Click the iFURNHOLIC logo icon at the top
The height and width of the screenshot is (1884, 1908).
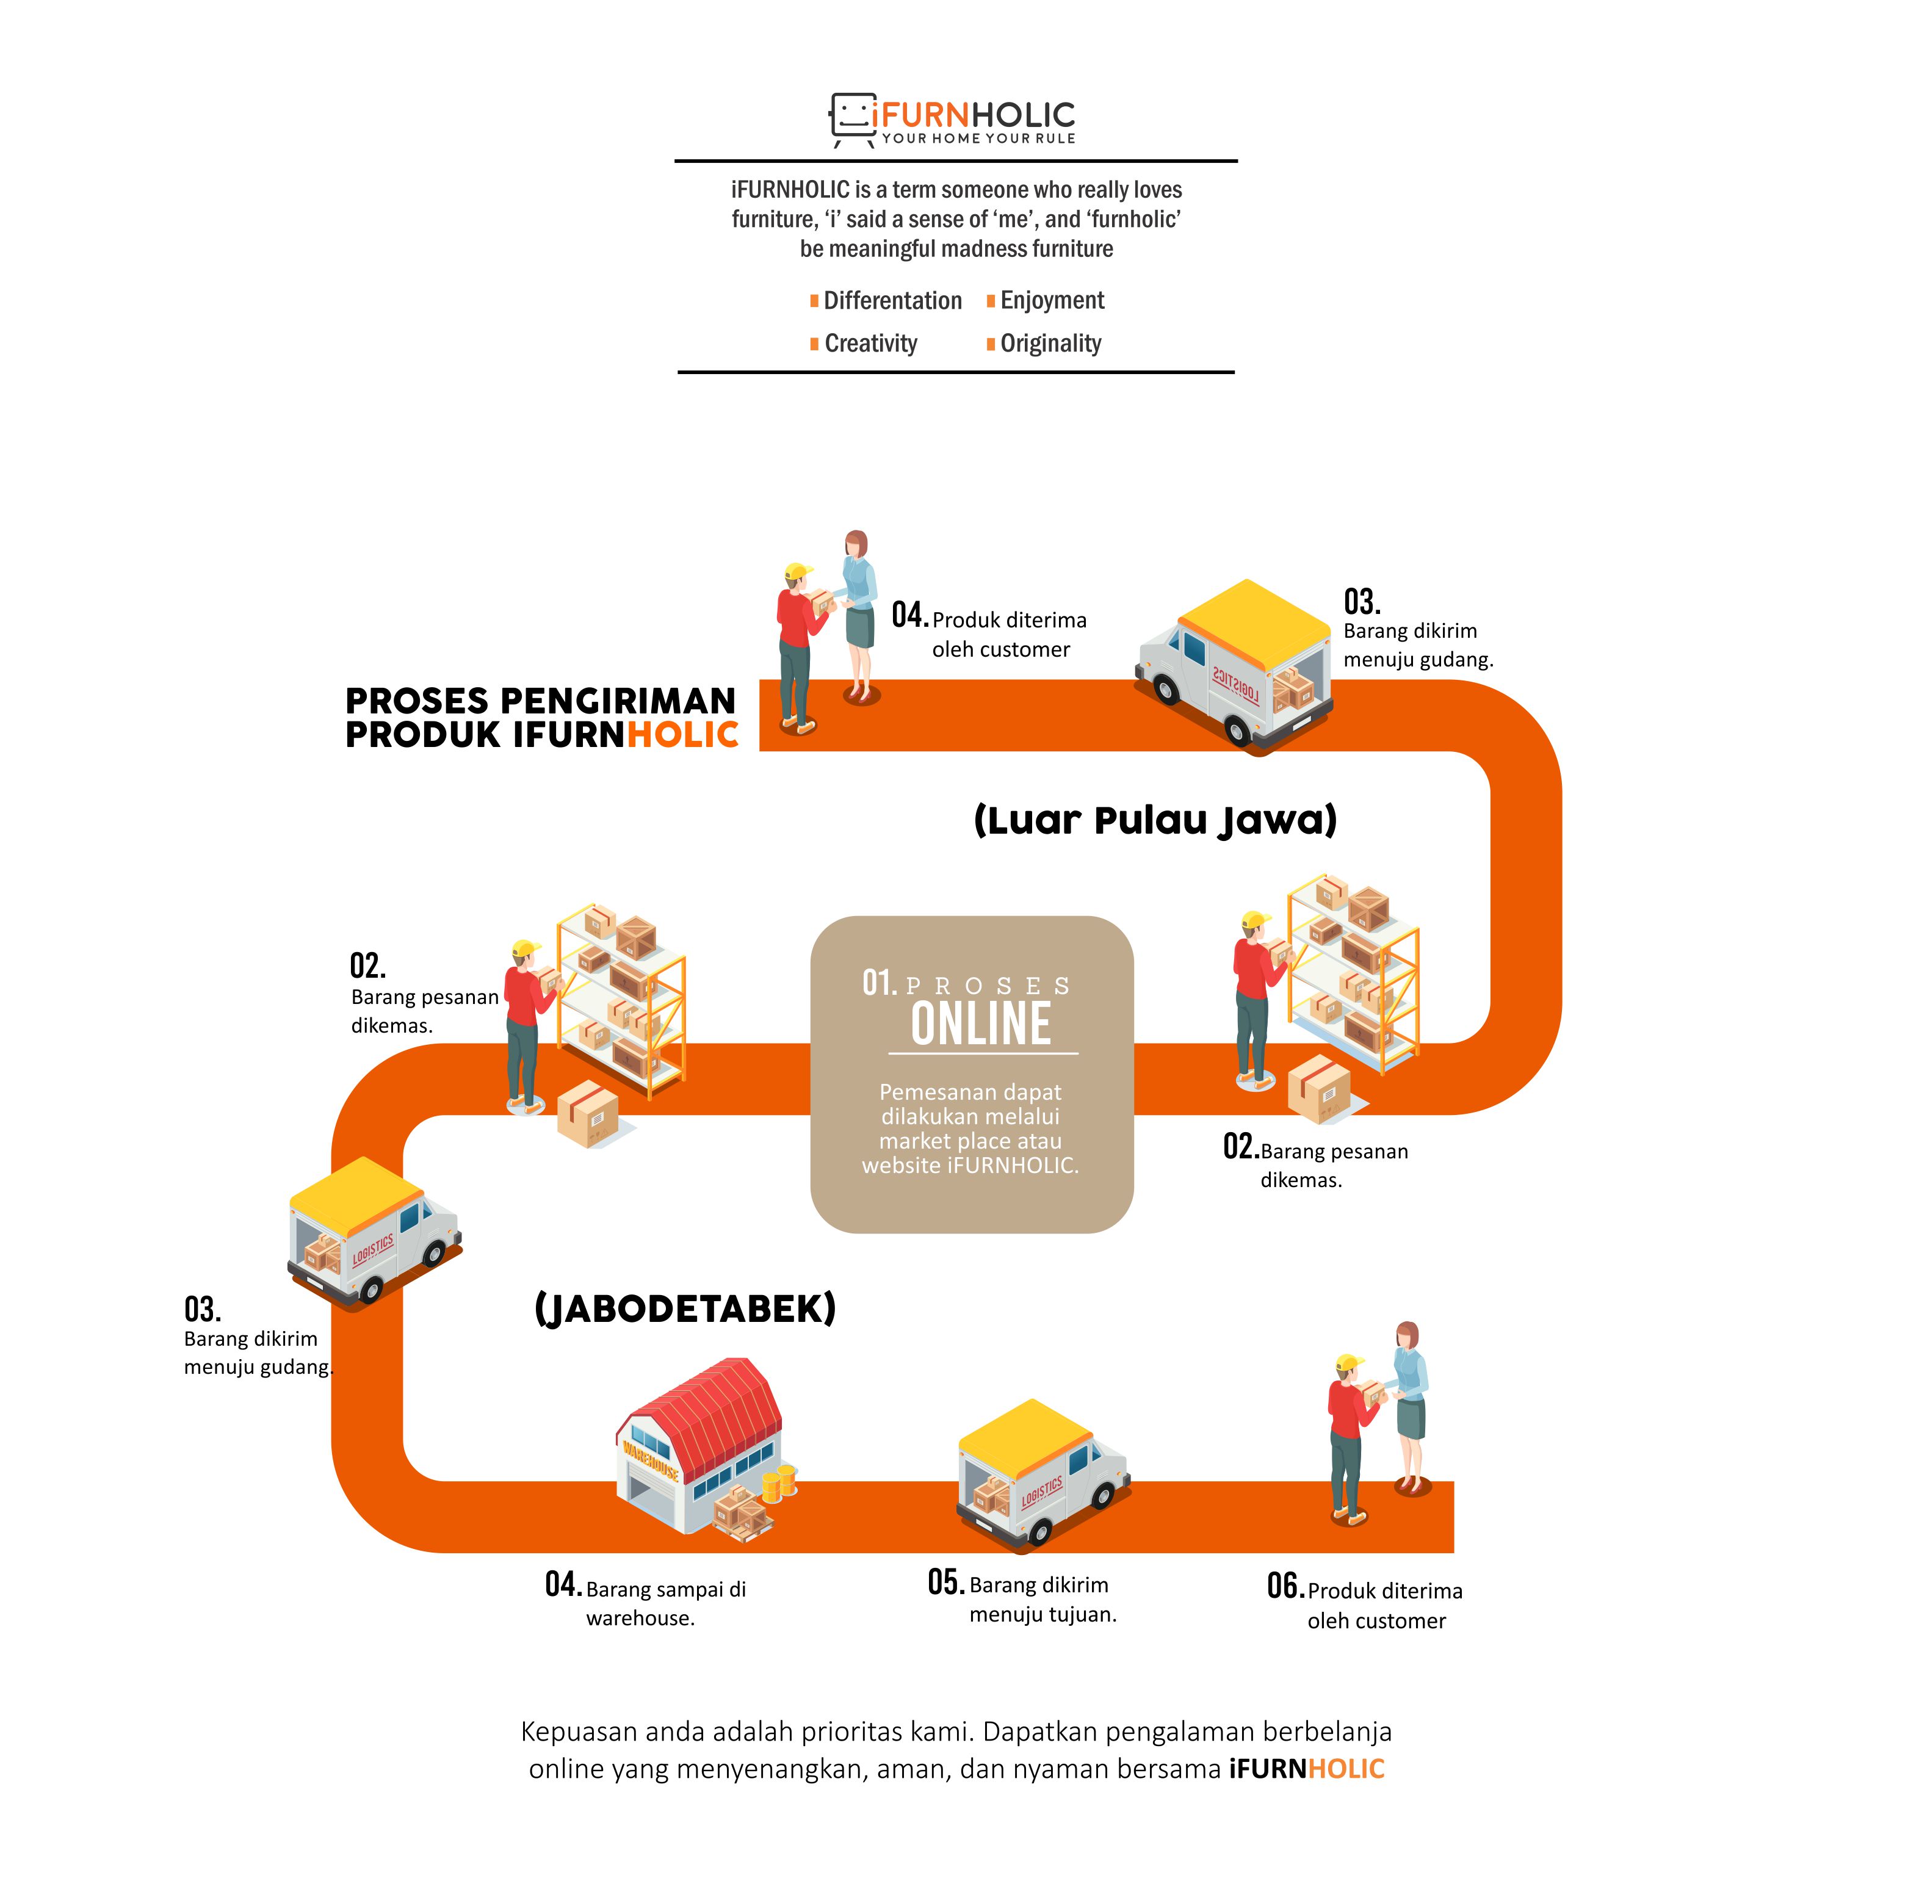pyautogui.click(x=852, y=120)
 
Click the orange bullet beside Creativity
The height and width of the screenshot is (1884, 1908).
pyautogui.click(x=814, y=344)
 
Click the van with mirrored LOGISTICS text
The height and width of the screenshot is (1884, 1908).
pyautogui.click(x=1235, y=666)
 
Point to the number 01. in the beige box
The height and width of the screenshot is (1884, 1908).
pyautogui.click(x=879, y=983)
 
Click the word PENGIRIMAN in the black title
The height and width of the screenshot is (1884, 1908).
pyautogui.click(x=618, y=701)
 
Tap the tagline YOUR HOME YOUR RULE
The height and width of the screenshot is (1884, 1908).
pyautogui.click(x=978, y=139)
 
